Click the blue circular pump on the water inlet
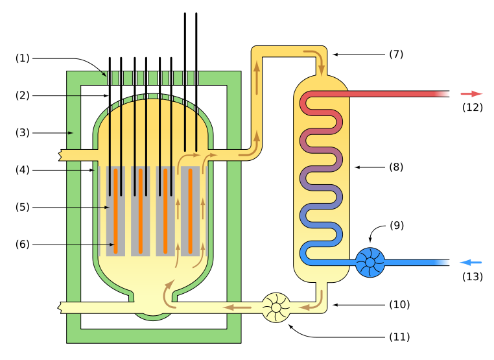370,262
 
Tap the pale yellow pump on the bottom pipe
276,307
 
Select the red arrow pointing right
472,94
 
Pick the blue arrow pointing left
471,262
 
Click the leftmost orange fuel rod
115,211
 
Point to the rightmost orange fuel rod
190,211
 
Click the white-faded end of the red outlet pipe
443,94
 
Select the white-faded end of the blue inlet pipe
443,262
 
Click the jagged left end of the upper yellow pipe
62,155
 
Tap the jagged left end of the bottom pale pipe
62,307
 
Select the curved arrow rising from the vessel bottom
168,293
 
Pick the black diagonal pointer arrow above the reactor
103,73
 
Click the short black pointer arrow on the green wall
70,133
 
